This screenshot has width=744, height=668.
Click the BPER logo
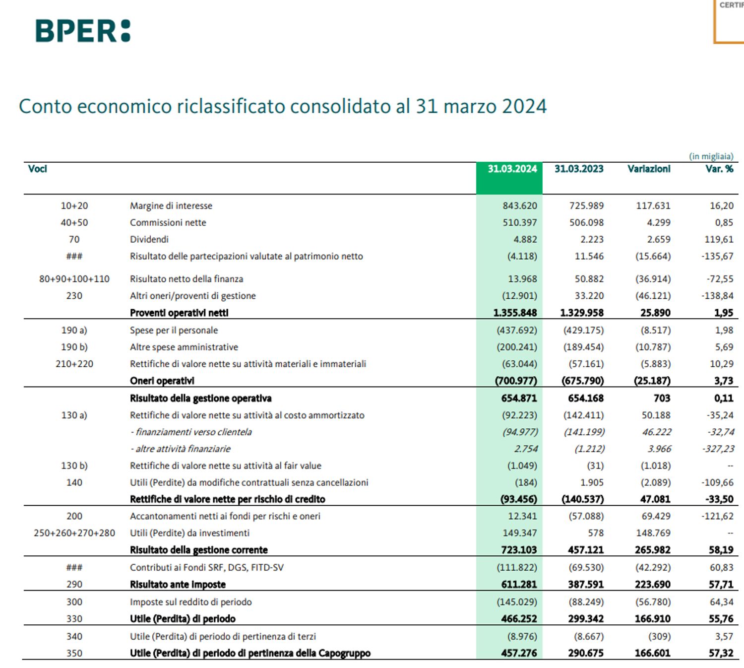[83, 31]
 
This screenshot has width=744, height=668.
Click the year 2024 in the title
[524, 106]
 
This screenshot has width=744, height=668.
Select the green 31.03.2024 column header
[511, 169]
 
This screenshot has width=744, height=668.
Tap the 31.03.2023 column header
[579, 169]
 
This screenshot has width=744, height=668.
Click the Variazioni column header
[649, 169]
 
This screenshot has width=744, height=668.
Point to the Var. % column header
[719, 169]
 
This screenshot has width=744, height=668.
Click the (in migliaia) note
[711, 156]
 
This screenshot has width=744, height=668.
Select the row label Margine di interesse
[171, 206]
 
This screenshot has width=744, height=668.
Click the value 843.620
[519, 206]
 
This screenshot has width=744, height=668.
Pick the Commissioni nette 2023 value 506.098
[586, 223]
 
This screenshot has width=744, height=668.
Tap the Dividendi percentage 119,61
[719, 240]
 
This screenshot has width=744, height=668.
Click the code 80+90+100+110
[74, 279]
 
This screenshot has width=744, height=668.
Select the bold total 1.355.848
[515, 313]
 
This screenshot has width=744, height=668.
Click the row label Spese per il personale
[174, 331]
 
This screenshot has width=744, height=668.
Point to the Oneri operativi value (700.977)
[516, 381]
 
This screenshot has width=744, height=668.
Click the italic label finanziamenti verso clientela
[193, 432]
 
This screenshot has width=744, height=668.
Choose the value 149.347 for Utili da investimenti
[519, 533]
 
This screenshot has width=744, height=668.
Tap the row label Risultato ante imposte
[178, 585]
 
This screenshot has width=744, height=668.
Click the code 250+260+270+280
[74, 533]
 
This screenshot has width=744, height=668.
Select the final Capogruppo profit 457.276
[519, 653]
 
